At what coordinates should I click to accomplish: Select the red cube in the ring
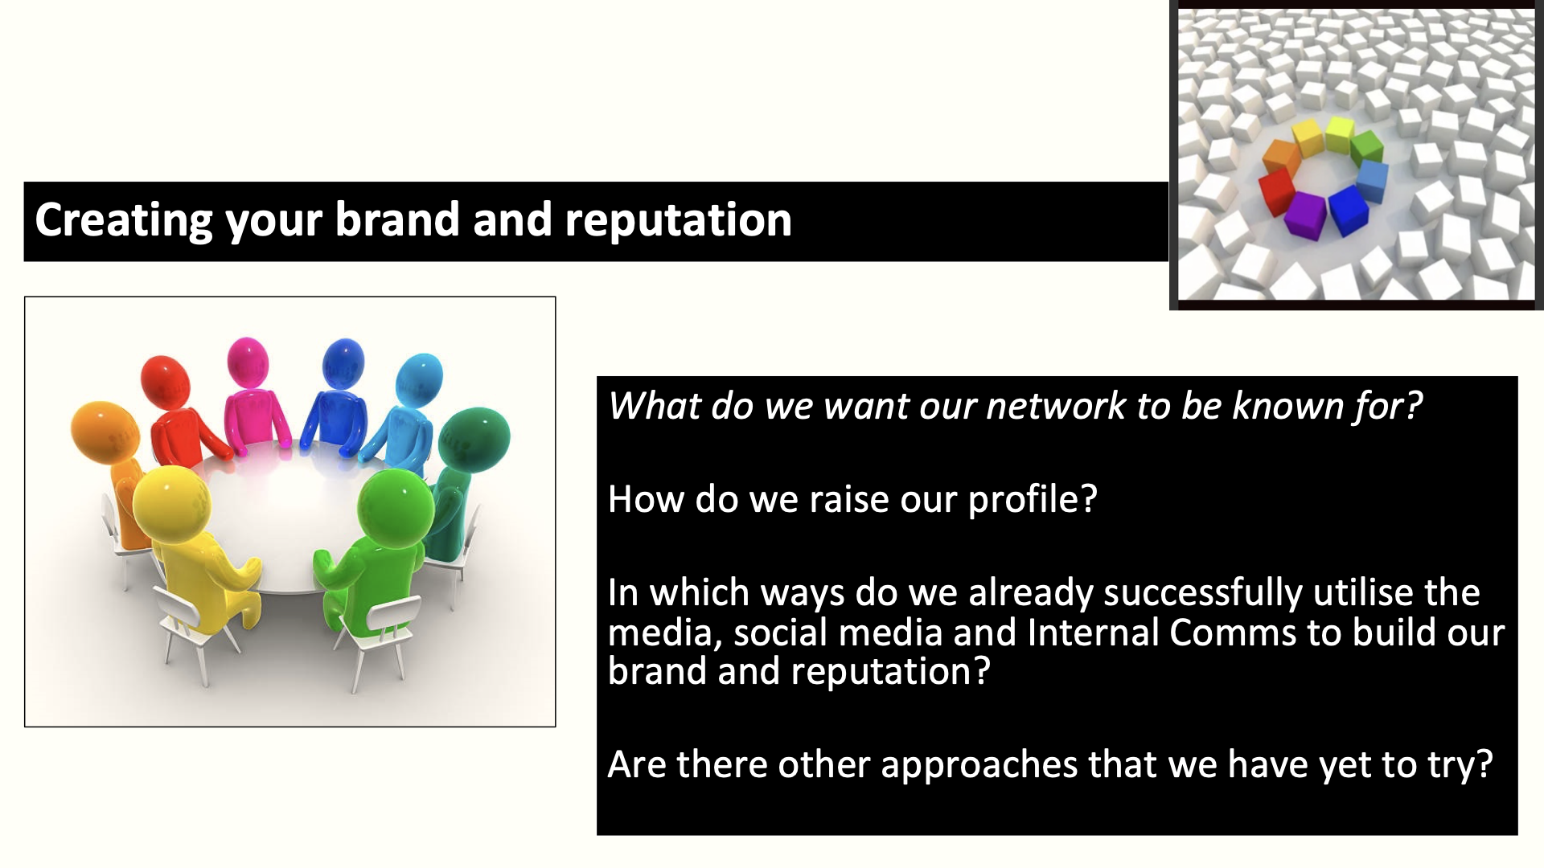[1277, 193]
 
